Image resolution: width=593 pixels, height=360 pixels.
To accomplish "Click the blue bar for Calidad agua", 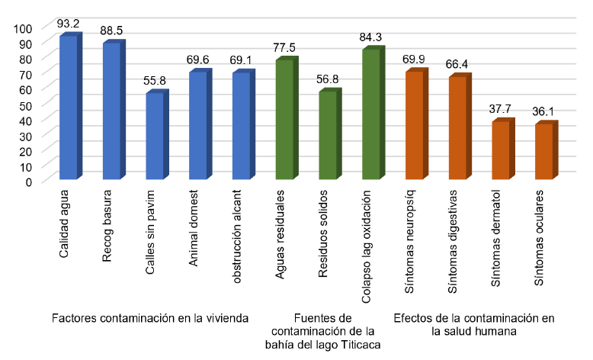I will coord(69,108).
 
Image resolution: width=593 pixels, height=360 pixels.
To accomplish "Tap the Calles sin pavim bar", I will coord(155,137).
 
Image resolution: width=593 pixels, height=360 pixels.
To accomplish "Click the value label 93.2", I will coord(69,25).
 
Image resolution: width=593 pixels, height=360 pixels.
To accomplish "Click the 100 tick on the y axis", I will coord(23,28).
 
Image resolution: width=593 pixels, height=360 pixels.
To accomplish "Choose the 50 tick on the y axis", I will coord(25,104).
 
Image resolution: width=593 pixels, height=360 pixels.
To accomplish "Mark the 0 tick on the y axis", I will coord(28,182).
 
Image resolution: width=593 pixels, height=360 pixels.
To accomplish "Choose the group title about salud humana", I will coord(473,325).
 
